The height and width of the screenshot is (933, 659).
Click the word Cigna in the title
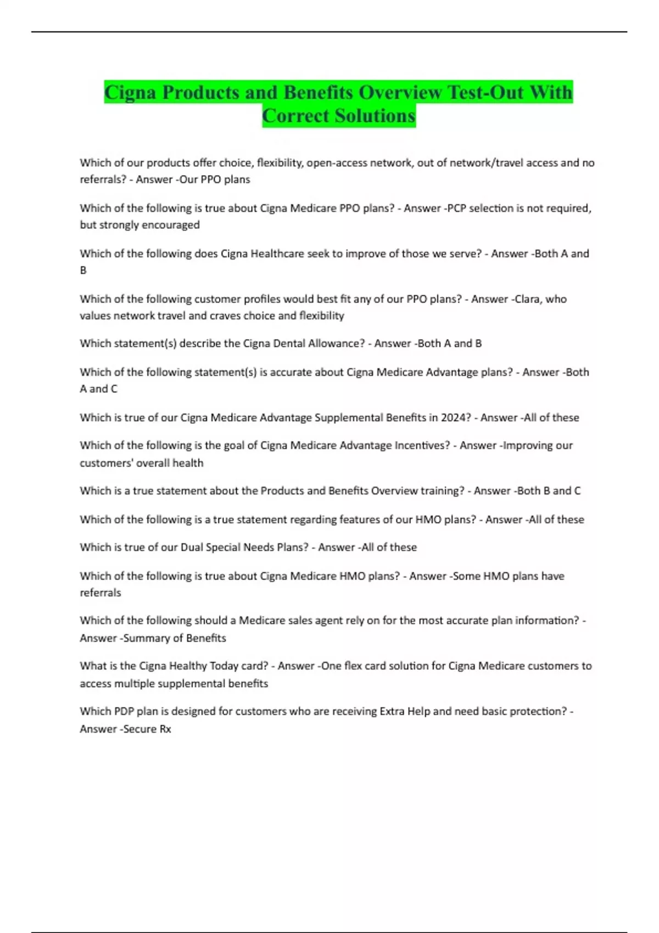coord(130,92)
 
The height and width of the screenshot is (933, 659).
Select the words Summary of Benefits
coord(175,638)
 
